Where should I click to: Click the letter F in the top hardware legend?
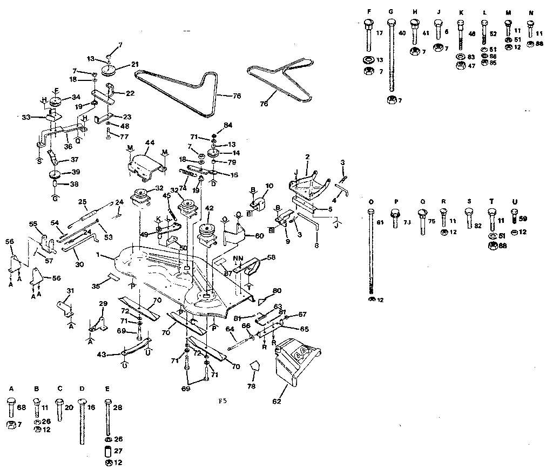[x=368, y=12]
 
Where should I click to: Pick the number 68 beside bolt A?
[x=22, y=407]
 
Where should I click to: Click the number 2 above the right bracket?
[x=307, y=156]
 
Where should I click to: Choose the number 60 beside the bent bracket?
[x=261, y=235]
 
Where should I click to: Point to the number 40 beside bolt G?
[x=402, y=33]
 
